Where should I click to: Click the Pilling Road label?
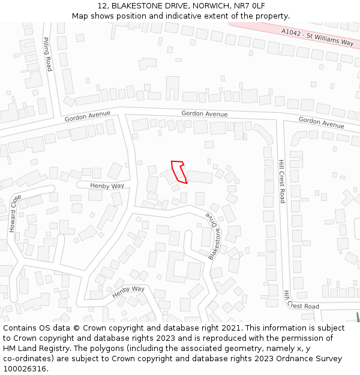pyautogui.click(x=47, y=54)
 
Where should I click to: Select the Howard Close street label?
pyautogui.click(x=14, y=214)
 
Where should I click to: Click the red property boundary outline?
pyautogui.click(x=179, y=172)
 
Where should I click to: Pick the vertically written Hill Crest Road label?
pyautogui.click(x=281, y=181)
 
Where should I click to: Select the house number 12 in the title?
pyautogui.click(x=100, y=6)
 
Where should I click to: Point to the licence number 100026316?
pyautogui.click(x=25, y=368)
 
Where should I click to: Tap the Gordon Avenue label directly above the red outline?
pyautogui.click(x=204, y=113)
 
